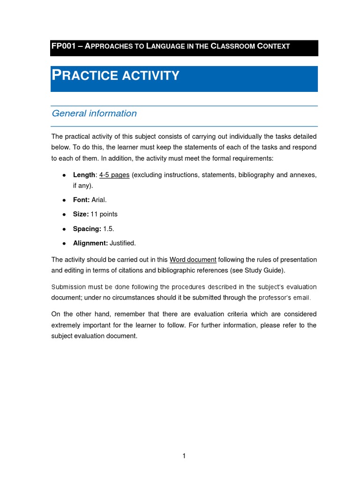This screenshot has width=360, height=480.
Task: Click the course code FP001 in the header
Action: click(x=63, y=46)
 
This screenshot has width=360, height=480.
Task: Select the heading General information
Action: click(x=94, y=113)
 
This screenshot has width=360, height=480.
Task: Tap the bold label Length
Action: click(x=84, y=175)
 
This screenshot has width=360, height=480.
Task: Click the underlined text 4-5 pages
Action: click(x=114, y=175)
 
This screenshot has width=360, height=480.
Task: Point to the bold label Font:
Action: click(x=81, y=200)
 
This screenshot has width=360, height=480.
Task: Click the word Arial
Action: click(x=99, y=200)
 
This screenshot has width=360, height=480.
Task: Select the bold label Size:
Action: click(x=81, y=214)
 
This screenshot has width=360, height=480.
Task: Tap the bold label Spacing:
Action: click(x=87, y=229)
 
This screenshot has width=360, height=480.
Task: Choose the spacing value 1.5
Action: click(x=108, y=229)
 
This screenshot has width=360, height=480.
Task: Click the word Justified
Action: click(x=123, y=243)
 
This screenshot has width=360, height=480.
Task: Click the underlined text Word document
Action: click(x=193, y=260)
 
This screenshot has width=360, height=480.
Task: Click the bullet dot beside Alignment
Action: click(x=64, y=243)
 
